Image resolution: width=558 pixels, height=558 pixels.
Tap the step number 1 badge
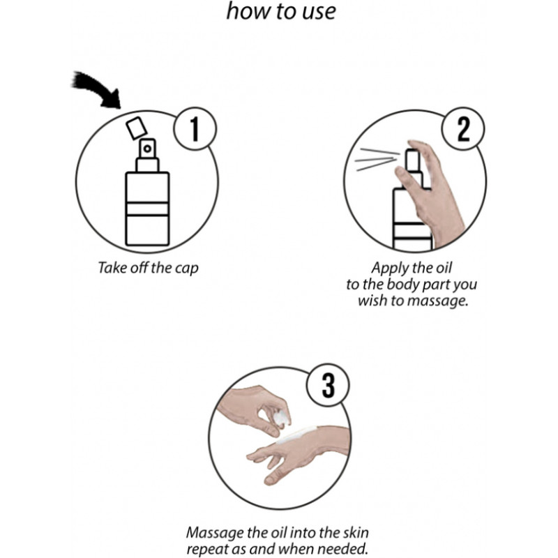(x=195, y=129)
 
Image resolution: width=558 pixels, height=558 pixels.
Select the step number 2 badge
(x=463, y=129)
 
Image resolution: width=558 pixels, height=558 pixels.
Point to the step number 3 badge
(x=328, y=385)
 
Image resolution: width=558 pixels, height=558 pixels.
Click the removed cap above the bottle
(x=137, y=128)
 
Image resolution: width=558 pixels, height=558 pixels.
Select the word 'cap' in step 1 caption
(x=187, y=269)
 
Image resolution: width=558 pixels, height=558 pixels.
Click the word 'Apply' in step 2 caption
(x=388, y=269)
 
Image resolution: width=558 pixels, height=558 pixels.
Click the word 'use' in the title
(x=319, y=11)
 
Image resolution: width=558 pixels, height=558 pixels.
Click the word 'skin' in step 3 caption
(x=356, y=533)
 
